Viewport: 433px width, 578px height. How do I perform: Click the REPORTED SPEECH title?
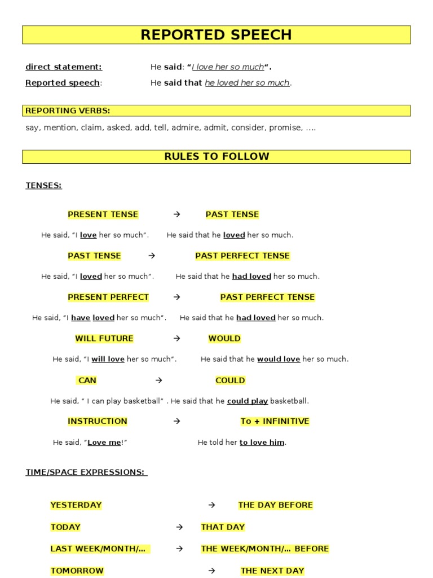coord(216,35)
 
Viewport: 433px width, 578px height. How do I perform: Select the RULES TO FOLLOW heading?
coord(216,156)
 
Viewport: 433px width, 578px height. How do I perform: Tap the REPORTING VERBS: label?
coord(68,111)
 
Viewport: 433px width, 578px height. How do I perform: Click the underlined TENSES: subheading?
coord(43,185)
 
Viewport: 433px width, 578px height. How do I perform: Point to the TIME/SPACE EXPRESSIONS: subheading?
coord(86,472)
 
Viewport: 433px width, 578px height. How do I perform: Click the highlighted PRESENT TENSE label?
coord(103,214)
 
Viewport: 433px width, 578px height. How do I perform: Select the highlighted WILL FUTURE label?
coord(104,339)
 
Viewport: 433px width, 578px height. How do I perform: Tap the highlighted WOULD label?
coord(224,339)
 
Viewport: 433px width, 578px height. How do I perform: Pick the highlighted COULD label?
coord(230,380)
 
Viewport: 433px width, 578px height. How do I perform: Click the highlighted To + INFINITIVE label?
coord(275,421)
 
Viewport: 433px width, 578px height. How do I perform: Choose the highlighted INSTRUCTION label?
coord(98,421)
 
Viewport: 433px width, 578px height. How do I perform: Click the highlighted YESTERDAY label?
coord(76,505)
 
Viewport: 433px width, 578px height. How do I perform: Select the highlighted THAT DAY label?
coord(223,527)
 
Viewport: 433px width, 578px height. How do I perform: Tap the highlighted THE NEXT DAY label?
coord(272,571)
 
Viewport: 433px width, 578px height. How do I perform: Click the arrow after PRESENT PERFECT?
coord(176,297)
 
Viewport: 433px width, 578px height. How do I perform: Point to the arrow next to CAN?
coord(159,380)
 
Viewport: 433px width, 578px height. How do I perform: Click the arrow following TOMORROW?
coord(212,571)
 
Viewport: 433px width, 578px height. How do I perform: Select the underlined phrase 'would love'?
coord(279,359)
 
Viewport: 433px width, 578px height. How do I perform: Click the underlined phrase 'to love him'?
coord(262,443)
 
